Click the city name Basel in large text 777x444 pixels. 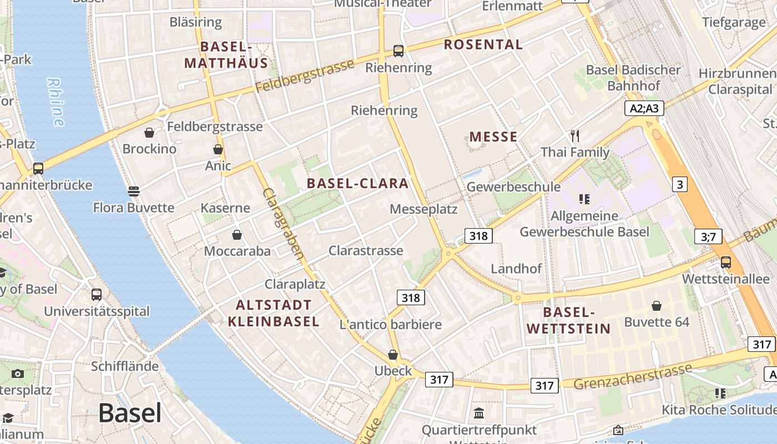(130, 413)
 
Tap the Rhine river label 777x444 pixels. (56, 102)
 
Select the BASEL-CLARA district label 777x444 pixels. (357, 183)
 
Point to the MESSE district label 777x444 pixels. (493, 137)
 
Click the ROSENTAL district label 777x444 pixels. (483, 44)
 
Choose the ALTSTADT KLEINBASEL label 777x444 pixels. (274, 313)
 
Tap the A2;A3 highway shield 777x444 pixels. (644, 108)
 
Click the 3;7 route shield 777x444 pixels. (708, 237)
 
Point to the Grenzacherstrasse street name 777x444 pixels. (633, 377)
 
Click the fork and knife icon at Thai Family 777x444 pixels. (575, 135)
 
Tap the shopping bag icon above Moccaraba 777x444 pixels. (237, 235)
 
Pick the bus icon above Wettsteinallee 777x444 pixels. (725, 263)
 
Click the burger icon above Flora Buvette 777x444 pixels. (133, 191)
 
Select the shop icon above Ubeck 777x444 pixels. (393, 355)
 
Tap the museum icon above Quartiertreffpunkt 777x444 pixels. (479, 413)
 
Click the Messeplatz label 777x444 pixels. (423, 209)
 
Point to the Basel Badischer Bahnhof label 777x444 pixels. (633, 78)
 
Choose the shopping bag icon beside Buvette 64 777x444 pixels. (657, 306)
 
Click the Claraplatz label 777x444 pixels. (295, 284)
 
